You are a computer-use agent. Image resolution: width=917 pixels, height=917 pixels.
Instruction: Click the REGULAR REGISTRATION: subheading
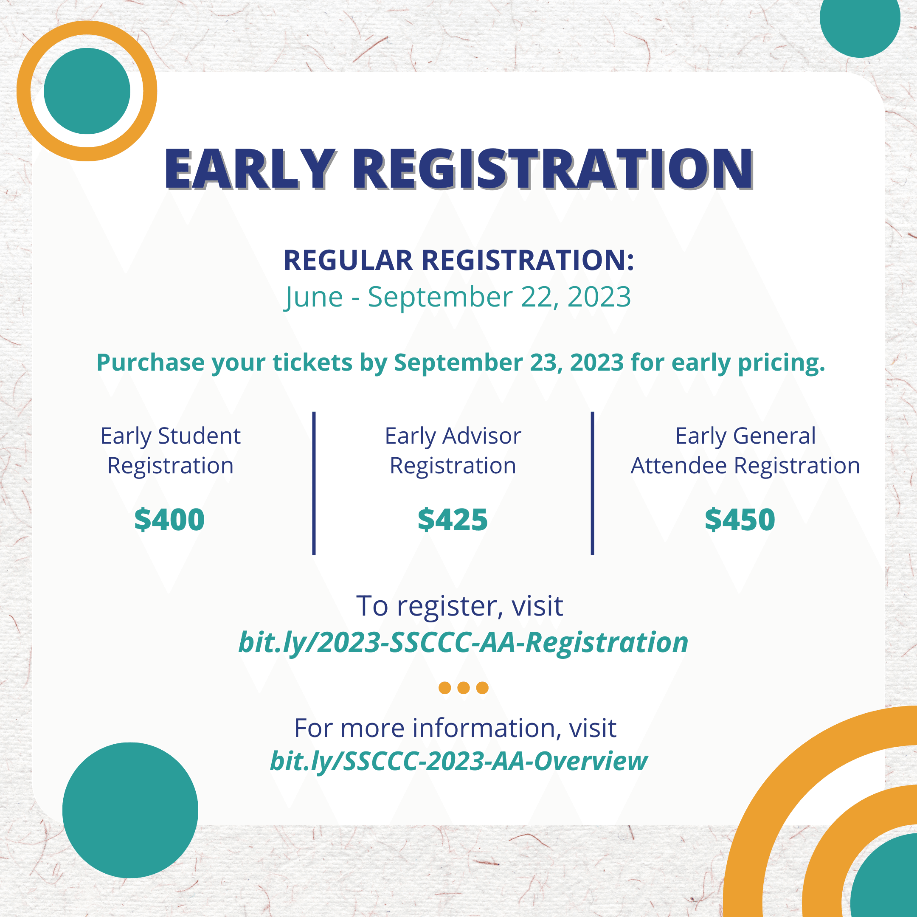458,260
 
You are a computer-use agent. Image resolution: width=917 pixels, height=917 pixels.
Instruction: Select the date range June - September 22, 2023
458,298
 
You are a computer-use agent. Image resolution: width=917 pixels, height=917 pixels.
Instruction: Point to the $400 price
169,519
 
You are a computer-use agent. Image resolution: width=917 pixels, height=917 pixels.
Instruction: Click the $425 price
453,519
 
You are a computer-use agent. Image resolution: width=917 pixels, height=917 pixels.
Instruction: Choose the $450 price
740,519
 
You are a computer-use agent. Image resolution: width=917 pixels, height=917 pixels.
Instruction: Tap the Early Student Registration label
170,450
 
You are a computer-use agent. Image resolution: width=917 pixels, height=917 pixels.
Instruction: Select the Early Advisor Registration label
453,450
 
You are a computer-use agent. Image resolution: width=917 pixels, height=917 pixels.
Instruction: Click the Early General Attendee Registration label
745,450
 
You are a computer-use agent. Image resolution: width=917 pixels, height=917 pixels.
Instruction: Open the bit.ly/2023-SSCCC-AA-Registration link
463,643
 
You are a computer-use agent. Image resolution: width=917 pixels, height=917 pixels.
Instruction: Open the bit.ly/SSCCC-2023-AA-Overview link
458,761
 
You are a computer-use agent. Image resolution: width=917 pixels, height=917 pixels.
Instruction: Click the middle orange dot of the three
464,688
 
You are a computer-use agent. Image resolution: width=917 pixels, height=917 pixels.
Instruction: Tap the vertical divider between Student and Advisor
314,483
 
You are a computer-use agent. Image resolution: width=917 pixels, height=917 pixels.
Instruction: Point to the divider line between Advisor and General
592,483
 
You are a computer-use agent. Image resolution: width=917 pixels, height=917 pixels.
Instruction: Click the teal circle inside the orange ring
87,91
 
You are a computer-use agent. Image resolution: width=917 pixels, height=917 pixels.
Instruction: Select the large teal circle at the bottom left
130,810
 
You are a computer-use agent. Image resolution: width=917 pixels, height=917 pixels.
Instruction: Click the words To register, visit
459,606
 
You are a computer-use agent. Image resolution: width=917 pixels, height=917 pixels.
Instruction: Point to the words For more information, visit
455,728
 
